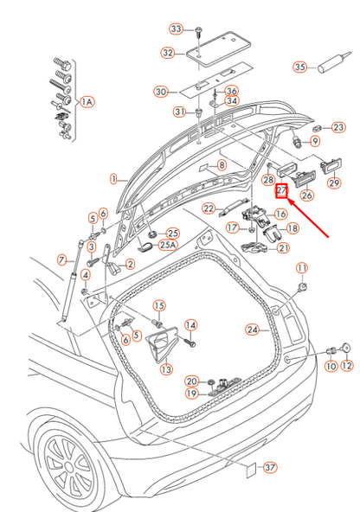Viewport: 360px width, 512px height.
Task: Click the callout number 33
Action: (176, 29)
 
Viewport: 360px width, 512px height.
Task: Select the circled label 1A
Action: (87, 102)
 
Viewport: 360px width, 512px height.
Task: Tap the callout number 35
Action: (299, 67)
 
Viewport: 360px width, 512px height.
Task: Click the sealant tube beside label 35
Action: (334, 62)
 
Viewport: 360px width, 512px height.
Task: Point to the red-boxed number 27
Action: (281, 190)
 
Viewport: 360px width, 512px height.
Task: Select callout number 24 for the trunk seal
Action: (252, 330)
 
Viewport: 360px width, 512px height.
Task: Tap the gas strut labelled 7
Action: (71, 281)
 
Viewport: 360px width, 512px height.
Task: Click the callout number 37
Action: (270, 467)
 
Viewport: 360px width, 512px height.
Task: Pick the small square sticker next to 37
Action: (251, 470)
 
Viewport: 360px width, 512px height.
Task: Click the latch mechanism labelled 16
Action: (256, 217)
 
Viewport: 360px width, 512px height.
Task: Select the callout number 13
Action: (166, 369)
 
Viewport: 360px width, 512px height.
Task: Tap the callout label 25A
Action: (168, 245)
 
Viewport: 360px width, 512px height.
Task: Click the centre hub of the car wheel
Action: (68, 466)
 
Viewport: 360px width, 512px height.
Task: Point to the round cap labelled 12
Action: (346, 348)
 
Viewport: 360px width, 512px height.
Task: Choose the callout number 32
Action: (168, 53)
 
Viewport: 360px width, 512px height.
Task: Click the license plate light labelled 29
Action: (331, 166)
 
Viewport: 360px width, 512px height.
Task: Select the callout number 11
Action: (302, 268)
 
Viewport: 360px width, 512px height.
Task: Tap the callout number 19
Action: (191, 394)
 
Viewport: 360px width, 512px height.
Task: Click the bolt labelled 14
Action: (190, 342)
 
